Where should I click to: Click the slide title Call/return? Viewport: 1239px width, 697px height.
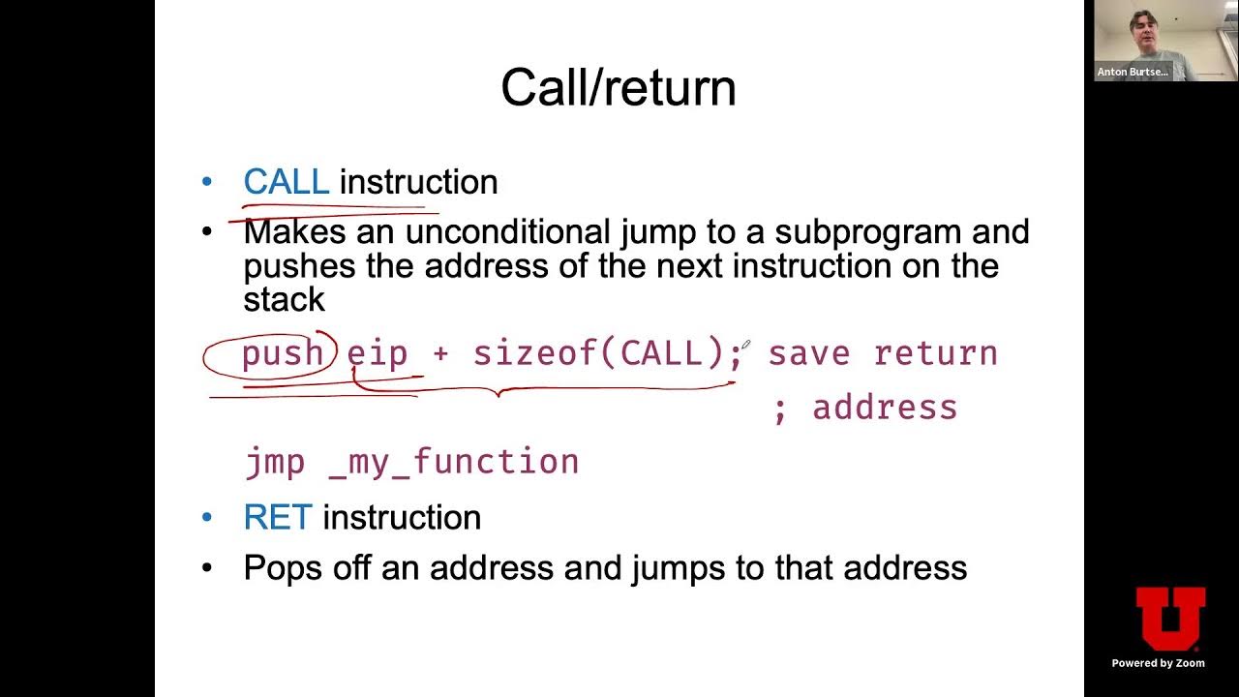click(618, 88)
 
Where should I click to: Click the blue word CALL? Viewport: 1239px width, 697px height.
click(286, 182)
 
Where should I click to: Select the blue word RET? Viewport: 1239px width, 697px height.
click(277, 518)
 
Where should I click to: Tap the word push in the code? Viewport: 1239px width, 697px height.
click(282, 354)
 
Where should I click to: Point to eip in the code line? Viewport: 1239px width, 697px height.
click(377, 354)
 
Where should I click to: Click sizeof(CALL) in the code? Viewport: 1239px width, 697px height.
click(600, 354)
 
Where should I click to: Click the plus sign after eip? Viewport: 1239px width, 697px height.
click(440, 354)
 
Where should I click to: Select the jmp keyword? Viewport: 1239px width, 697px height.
click(274, 462)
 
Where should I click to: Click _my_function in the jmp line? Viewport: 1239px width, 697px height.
click(454, 462)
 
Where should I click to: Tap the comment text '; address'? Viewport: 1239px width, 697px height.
click(865, 408)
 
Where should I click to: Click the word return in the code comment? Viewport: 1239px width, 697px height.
click(935, 354)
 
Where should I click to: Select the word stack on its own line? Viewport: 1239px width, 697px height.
click(284, 299)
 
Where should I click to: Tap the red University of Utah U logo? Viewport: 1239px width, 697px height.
click(1170, 618)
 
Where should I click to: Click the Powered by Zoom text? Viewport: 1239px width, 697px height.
click(1158, 663)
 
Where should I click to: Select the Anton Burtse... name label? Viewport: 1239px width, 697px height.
click(1132, 72)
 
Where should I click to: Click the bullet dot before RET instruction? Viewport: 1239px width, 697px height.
click(206, 518)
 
